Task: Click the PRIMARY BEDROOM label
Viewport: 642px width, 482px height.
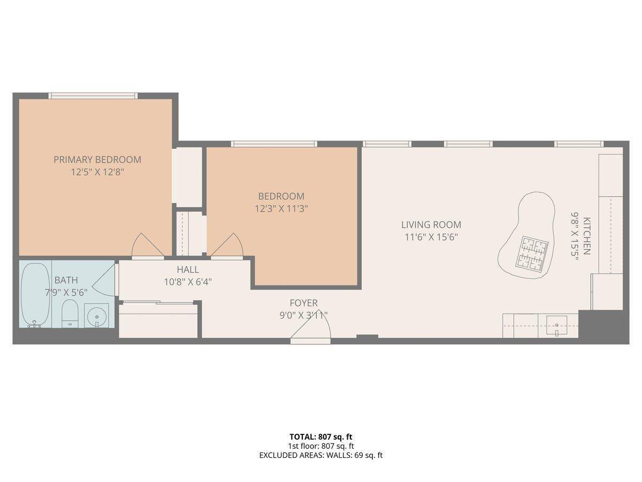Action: point(97,160)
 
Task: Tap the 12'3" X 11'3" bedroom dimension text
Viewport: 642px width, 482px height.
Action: point(281,208)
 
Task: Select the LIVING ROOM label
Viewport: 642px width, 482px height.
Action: point(431,225)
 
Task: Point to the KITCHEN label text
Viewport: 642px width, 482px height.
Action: point(587,236)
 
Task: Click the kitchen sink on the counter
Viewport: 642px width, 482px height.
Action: point(557,324)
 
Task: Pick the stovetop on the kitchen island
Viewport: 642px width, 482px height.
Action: point(532,253)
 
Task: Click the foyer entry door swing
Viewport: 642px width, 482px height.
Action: point(313,327)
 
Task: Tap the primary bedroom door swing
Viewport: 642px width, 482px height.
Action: point(147,246)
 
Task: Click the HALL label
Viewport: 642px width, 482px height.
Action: point(187,269)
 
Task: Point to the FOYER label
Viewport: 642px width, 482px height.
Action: point(303,303)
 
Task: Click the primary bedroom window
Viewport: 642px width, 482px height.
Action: point(93,96)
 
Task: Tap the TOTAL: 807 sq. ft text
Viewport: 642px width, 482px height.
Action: point(320,436)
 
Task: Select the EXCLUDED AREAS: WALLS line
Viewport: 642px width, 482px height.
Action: point(320,455)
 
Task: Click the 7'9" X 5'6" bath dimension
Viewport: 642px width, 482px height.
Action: point(66,292)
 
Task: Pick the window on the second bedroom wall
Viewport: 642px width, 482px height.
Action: point(274,144)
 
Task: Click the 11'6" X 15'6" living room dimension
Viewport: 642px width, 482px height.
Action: point(431,237)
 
